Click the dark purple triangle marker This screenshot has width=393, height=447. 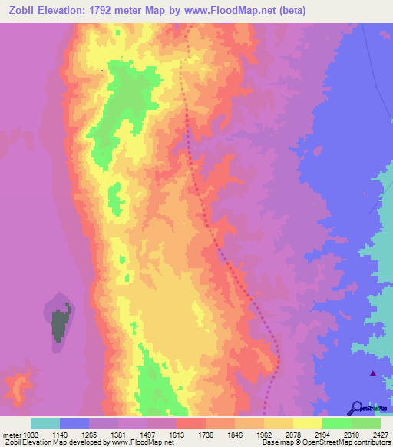click(373, 373)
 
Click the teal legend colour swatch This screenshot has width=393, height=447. click(45, 423)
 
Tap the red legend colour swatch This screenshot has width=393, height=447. click(191, 423)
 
